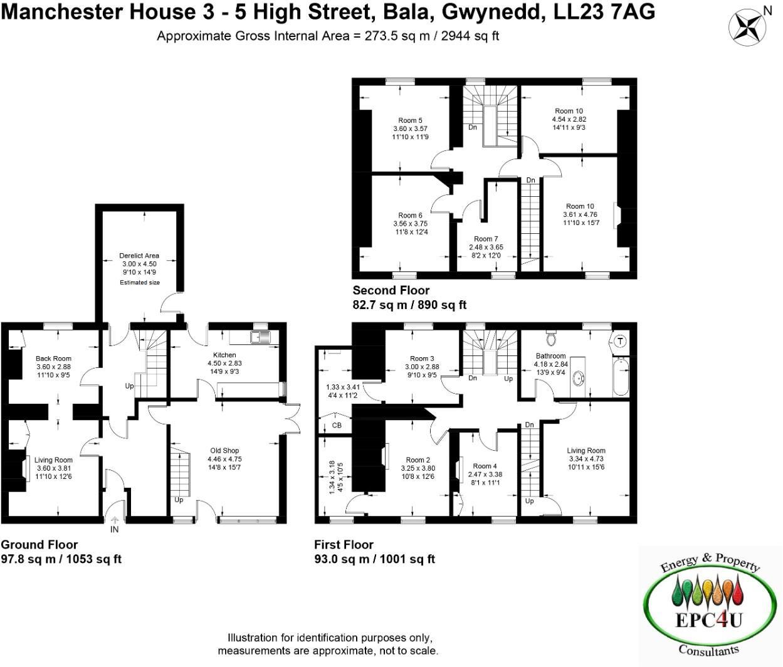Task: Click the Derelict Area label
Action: point(139,256)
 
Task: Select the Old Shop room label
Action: point(224,450)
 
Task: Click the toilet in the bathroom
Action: point(552,339)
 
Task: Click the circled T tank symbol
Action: point(619,341)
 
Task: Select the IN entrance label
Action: point(115,530)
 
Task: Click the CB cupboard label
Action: point(337,426)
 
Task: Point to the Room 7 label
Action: point(486,239)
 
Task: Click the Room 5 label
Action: point(410,120)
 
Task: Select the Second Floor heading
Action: point(391,290)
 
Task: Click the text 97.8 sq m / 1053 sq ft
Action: point(61,559)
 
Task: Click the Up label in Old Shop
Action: point(179,500)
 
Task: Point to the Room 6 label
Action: point(410,216)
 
